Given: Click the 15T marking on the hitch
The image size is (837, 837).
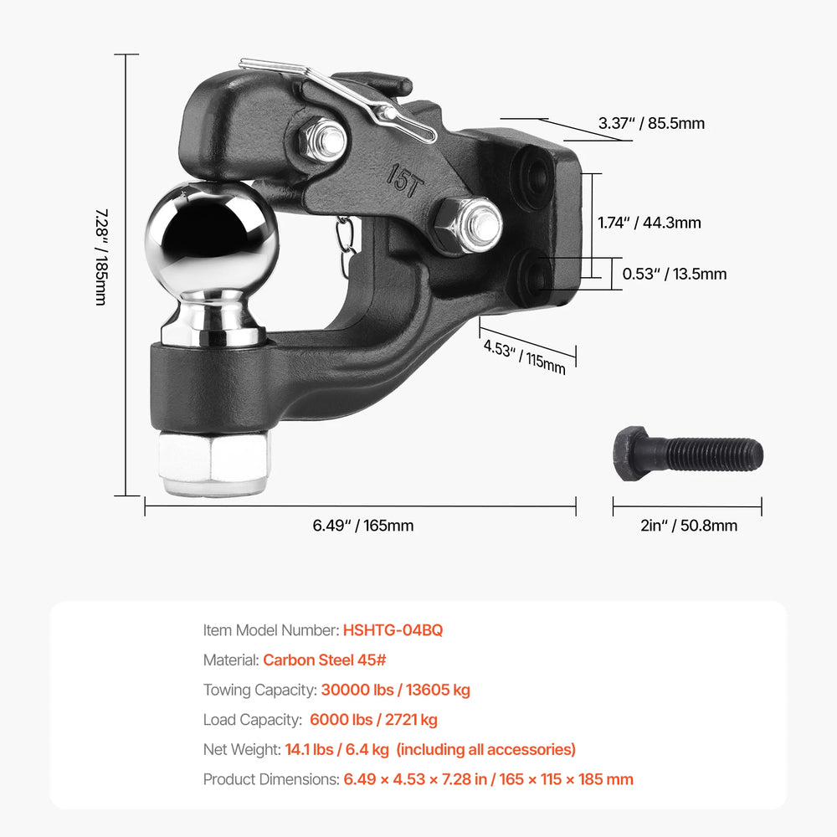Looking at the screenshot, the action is coord(405,182).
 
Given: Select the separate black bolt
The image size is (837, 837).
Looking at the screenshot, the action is coord(688,454).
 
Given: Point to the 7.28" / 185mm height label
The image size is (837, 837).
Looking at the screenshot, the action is coord(101,257).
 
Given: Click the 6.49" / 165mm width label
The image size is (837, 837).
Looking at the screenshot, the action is coord(363,526).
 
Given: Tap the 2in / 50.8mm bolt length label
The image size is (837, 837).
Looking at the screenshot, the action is coord(689,526).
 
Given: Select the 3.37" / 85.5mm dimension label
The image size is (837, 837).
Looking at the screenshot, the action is coord(651,123).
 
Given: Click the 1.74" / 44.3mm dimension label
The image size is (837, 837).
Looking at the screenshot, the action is coord(650,223).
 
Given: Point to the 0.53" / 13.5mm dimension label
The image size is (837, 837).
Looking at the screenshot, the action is coord(675,274).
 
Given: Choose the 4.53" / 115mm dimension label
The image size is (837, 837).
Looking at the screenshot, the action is coord(524,357).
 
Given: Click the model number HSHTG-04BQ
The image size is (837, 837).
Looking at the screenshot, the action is coord(393,630).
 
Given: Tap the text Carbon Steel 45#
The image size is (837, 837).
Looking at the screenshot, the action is coord(325,660).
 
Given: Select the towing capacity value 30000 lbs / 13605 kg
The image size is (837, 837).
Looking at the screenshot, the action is coord(396,690).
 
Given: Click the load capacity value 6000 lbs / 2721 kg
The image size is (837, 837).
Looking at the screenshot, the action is coord(373,720).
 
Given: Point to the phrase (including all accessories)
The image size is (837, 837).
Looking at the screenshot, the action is coord(485,749).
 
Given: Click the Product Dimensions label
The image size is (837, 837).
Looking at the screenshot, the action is coord(271,779).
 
